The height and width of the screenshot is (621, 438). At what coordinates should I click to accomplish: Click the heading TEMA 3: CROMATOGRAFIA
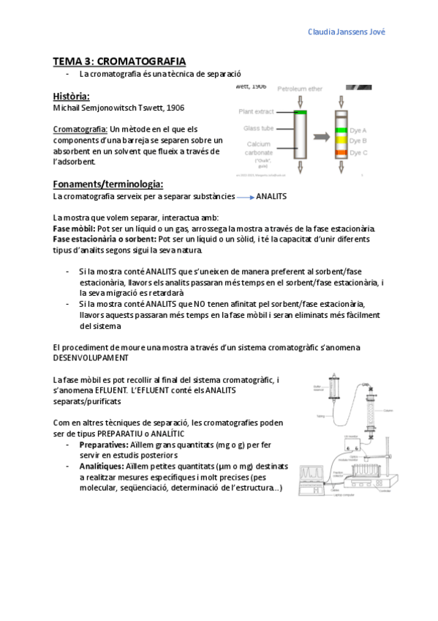[119, 60]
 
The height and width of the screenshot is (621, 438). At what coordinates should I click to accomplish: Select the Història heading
[72, 96]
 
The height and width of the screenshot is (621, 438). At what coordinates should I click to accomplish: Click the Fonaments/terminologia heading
[108, 183]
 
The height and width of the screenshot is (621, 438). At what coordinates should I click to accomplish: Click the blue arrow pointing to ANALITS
[245, 198]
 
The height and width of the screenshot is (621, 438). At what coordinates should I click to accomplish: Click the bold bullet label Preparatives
[102, 445]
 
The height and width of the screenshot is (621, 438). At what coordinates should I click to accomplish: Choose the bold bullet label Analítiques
[99, 465]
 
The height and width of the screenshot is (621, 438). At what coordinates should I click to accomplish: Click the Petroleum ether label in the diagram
[301, 89]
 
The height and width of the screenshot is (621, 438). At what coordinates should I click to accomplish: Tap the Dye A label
[358, 129]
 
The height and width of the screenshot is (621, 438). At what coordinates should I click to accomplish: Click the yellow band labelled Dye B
[340, 139]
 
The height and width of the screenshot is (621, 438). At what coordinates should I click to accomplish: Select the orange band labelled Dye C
[340, 152]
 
